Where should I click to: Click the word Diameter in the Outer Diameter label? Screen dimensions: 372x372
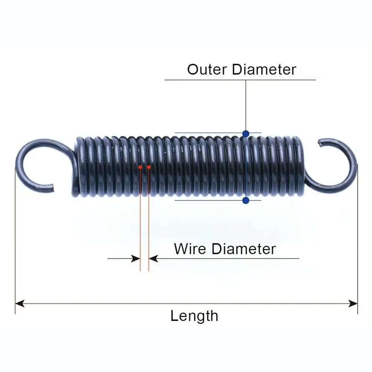click(264, 70)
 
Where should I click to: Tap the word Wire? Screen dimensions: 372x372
click(190, 249)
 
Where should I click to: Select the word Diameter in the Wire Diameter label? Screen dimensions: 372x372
click(244, 249)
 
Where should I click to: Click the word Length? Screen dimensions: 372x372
click(194, 316)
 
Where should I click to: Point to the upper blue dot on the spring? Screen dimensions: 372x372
click(246, 134)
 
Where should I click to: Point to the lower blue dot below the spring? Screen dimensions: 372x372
click(246, 201)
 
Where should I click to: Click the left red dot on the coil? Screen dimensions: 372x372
click(140, 167)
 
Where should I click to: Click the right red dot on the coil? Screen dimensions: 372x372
click(149, 167)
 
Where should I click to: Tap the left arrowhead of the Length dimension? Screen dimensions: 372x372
click(19, 303)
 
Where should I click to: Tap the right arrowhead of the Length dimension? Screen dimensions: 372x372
click(353, 303)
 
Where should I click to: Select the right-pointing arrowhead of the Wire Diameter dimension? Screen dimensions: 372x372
click(136, 259)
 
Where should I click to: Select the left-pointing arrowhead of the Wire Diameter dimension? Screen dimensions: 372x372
click(154, 259)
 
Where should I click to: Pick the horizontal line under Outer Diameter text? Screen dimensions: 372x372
click(240, 80)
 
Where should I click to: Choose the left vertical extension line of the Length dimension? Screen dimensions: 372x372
click(15, 240)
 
